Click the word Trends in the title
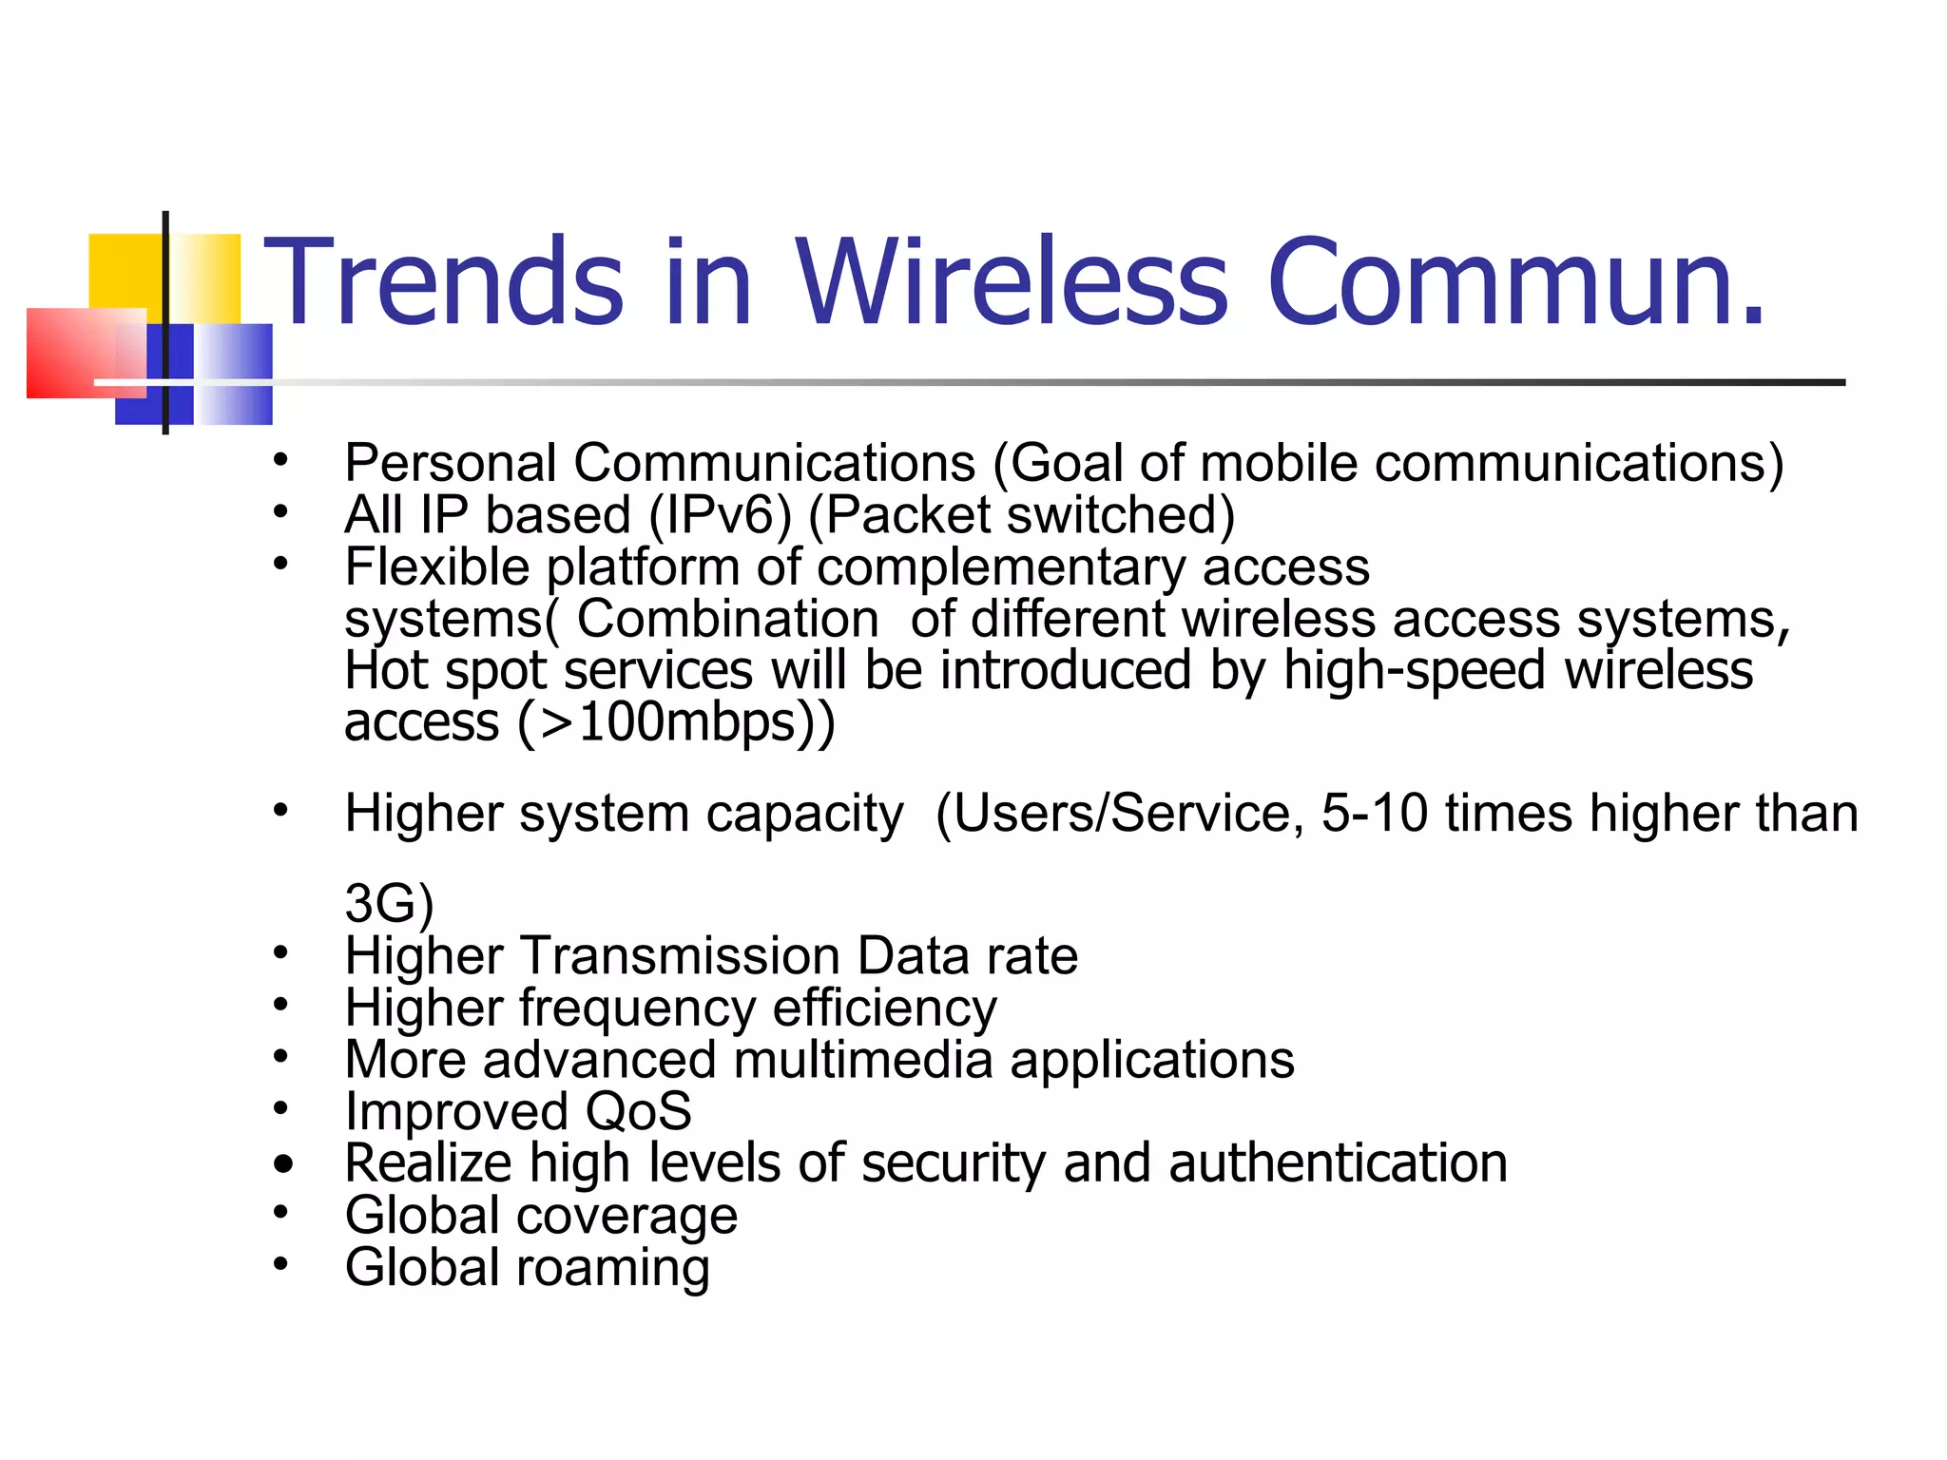(x=443, y=281)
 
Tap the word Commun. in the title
(x=1515, y=281)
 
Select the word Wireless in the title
(x=1012, y=281)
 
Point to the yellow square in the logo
(x=124, y=271)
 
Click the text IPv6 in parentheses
(x=720, y=515)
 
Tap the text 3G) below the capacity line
(x=389, y=903)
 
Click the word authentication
(x=1338, y=1163)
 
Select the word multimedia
(x=863, y=1060)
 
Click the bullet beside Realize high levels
(x=282, y=1164)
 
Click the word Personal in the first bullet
(x=451, y=464)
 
